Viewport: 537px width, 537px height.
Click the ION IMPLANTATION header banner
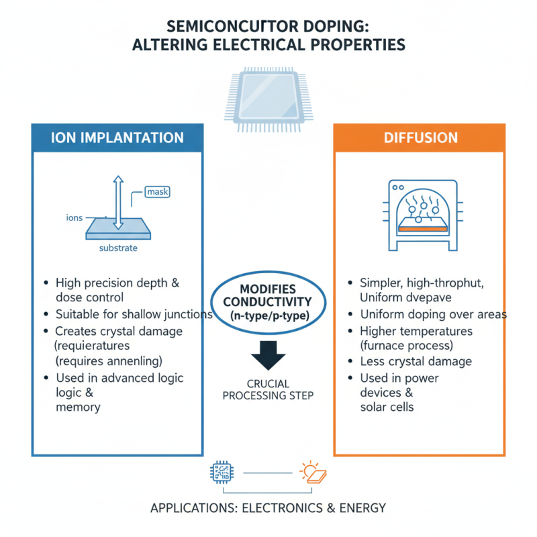[117, 138]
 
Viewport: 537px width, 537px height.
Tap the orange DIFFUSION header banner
[420, 138]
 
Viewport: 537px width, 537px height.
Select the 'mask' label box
[157, 193]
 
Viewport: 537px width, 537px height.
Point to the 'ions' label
[74, 217]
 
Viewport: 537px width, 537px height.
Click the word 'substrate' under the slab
[118, 248]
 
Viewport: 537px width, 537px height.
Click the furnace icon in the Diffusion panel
[420, 215]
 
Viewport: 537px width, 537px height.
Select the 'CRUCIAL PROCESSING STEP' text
[268, 389]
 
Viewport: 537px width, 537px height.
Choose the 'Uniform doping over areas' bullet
[433, 314]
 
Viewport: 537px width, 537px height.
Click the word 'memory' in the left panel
[78, 407]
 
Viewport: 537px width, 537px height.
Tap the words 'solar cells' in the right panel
[387, 407]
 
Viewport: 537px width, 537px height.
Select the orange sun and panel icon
[313, 473]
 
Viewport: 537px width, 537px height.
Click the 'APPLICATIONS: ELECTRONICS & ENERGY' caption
[268, 507]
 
